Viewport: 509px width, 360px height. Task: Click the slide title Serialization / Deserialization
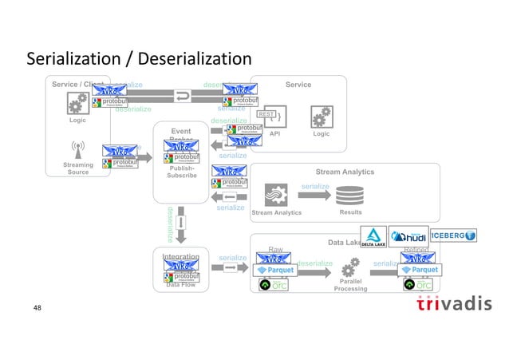(x=139, y=60)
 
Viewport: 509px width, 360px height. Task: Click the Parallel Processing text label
(x=351, y=285)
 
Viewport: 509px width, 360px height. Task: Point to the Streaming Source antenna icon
(x=78, y=151)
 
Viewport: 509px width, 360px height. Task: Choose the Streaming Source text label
(x=78, y=168)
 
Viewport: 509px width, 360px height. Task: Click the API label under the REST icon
(x=274, y=135)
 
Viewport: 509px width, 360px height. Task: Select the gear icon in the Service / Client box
(x=78, y=104)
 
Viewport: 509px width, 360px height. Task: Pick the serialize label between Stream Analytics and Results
(x=315, y=186)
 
